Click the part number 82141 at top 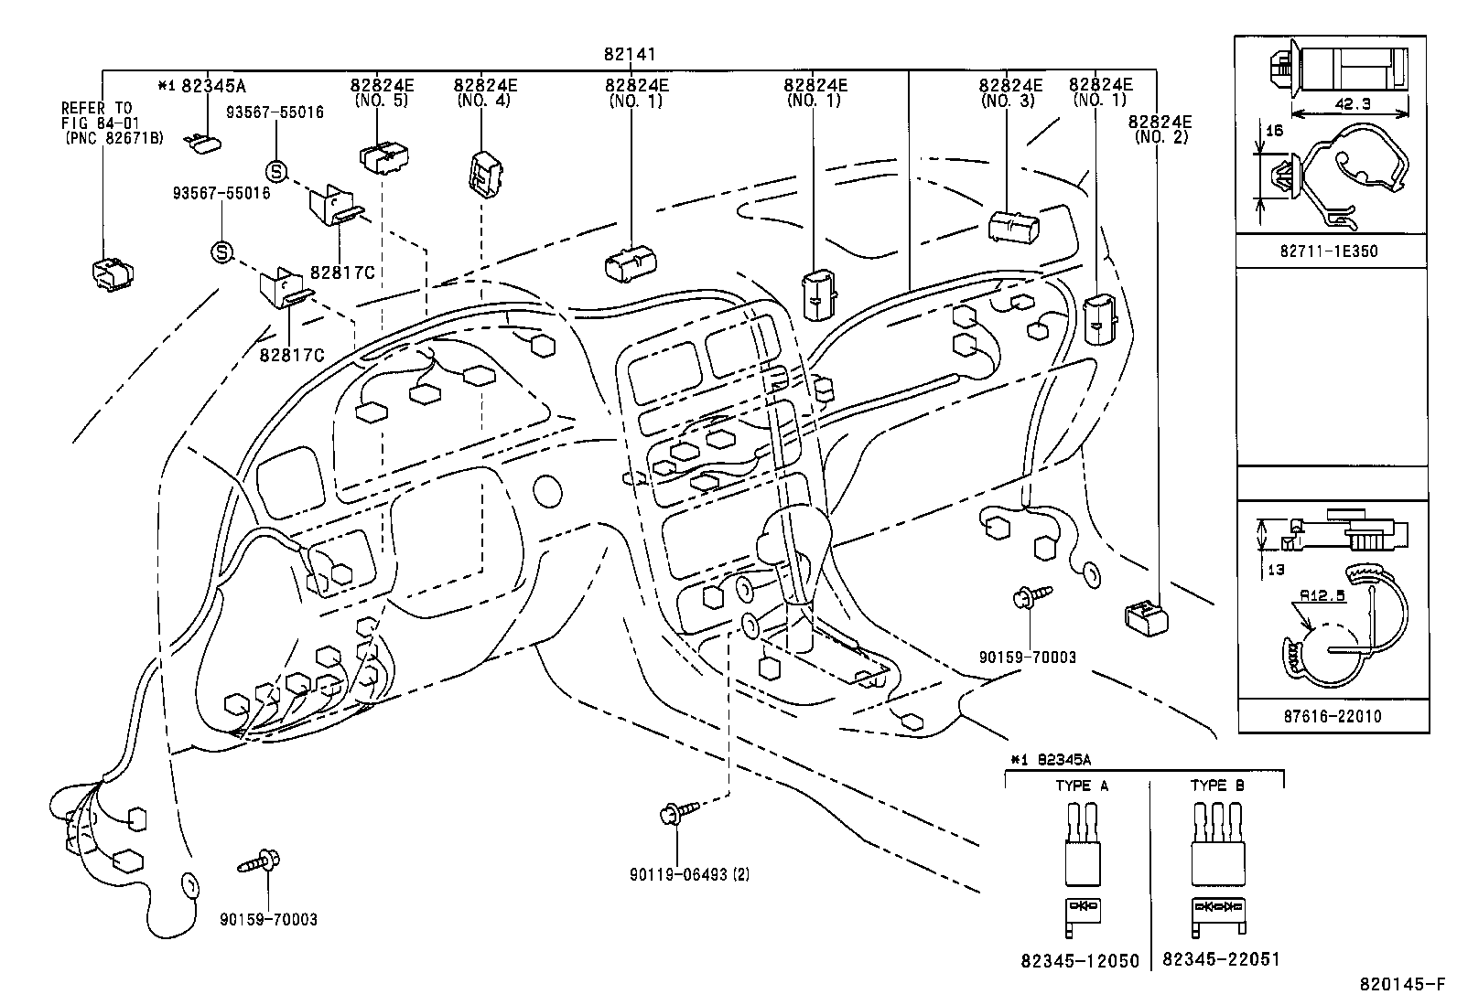(630, 56)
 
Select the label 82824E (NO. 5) (382, 92)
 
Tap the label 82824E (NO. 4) (485, 92)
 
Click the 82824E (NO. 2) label (1160, 129)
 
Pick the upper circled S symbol (276, 170)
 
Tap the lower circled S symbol (221, 251)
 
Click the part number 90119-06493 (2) (688, 874)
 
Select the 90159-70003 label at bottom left (268, 919)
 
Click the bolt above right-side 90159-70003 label (1031, 597)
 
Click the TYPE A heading (1081, 786)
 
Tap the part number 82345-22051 (1221, 959)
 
